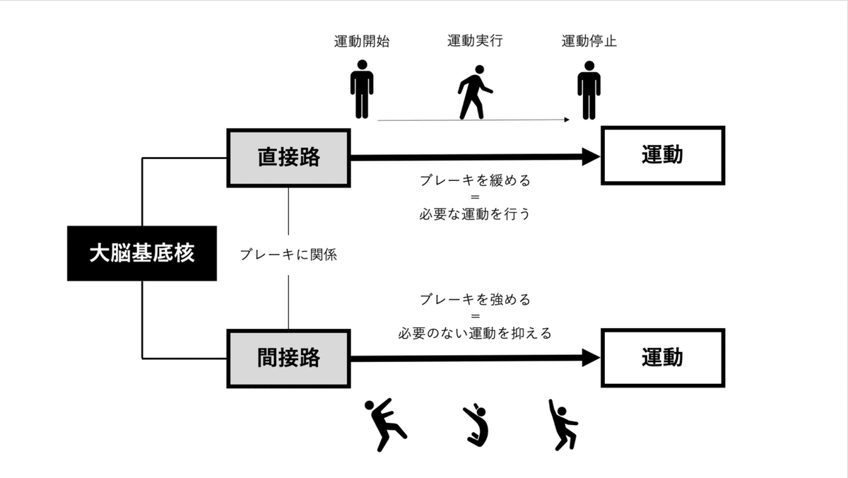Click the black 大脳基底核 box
(x=141, y=252)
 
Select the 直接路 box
(x=288, y=157)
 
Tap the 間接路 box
(x=288, y=358)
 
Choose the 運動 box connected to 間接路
(x=662, y=358)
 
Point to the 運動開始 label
(x=362, y=41)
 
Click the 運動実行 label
(x=475, y=41)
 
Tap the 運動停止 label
(x=589, y=41)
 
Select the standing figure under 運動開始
(x=362, y=89)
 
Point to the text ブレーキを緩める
(x=474, y=180)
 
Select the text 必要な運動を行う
(x=474, y=214)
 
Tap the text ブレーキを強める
(x=474, y=299)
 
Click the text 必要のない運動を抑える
(x=474, y=332)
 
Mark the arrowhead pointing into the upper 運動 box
(x=591, y=157)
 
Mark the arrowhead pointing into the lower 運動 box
(x=591, y=358)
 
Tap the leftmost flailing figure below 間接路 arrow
(x=383, y=424)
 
